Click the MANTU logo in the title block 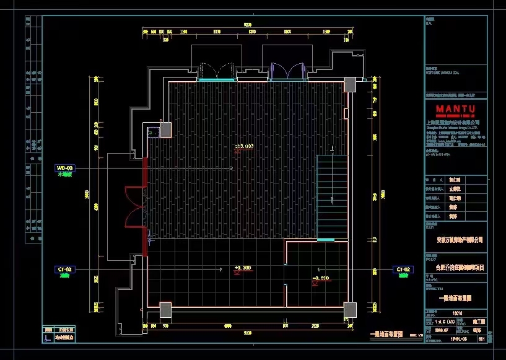pos(455,110)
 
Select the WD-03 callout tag pos(65,168)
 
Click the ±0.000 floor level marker pos(243,147)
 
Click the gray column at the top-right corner pos(351,84)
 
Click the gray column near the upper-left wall pos(165,130)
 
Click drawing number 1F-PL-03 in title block pos(458,340)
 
